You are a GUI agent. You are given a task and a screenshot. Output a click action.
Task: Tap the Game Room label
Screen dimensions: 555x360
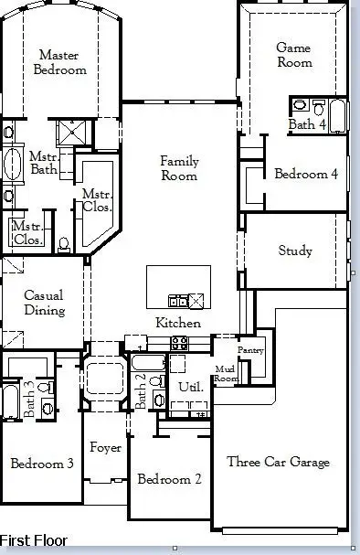[294, 55]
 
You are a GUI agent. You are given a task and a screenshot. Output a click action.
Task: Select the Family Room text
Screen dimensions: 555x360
[179, 168]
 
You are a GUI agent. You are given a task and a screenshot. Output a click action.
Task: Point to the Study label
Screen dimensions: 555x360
[294, 251]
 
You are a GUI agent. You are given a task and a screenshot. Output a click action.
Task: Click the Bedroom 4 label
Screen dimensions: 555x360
[306, 174]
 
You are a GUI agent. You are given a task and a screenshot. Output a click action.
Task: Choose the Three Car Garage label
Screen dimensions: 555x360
[278, 462]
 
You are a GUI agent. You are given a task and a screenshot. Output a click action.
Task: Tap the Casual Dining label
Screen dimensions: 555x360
[44, 303]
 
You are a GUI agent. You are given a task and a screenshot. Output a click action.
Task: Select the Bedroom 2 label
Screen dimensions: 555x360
[169, 478]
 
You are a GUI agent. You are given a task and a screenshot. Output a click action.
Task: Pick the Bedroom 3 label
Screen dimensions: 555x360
[42, 464]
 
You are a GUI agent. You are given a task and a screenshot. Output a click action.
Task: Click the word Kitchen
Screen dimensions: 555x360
[178, 323]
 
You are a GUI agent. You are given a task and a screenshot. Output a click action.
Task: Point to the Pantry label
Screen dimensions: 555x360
[250, 349]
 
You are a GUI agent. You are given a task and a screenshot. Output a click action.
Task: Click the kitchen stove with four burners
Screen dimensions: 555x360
[179, 344]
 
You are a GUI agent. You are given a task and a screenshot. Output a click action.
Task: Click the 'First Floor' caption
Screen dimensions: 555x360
[34, 540]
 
